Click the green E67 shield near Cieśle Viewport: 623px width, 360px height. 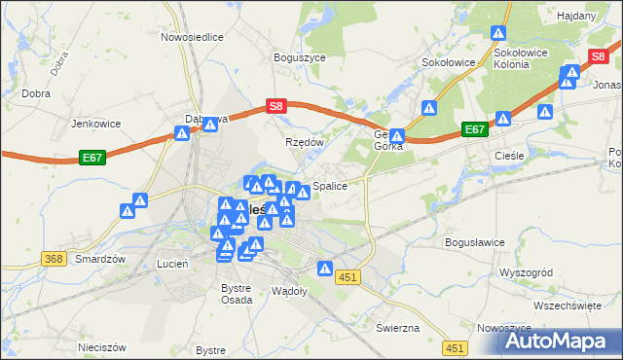point(475,129)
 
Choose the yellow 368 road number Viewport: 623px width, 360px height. point(54,258)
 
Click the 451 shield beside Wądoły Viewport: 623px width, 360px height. point(349,277)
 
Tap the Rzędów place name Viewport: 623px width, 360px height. point(303,141)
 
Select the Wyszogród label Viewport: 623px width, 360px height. point(526,272)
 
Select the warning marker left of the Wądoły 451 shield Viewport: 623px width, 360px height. point(325,269)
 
